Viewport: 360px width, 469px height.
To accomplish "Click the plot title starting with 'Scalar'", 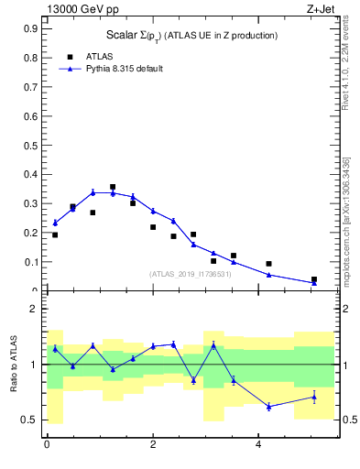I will [191, 35].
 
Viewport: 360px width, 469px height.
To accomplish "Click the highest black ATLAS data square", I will [113, 187].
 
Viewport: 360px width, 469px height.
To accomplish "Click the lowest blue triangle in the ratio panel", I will [268, 407].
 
